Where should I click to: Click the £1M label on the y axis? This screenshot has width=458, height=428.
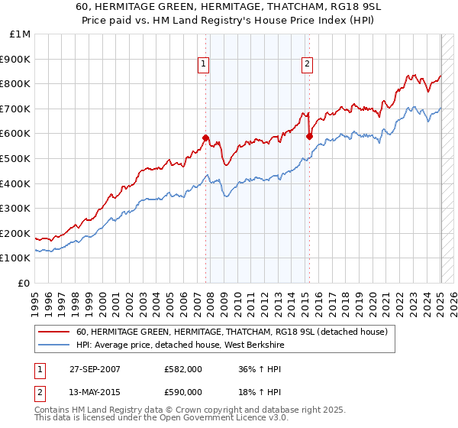(21, 34)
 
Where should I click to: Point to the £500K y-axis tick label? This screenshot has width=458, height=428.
(16, 159)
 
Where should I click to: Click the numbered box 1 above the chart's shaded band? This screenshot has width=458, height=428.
(205, 65)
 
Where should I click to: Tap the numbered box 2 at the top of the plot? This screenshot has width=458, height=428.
(307, 65)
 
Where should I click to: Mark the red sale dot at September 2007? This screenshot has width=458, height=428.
(205, 138)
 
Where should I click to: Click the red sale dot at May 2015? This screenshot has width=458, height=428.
(309, 136)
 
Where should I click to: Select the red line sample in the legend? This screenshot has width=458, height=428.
(55, 332)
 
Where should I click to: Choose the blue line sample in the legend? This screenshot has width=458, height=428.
(55, 345)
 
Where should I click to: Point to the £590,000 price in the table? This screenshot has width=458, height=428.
(182, 392)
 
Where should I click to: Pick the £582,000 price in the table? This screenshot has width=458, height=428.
(182, 369)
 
